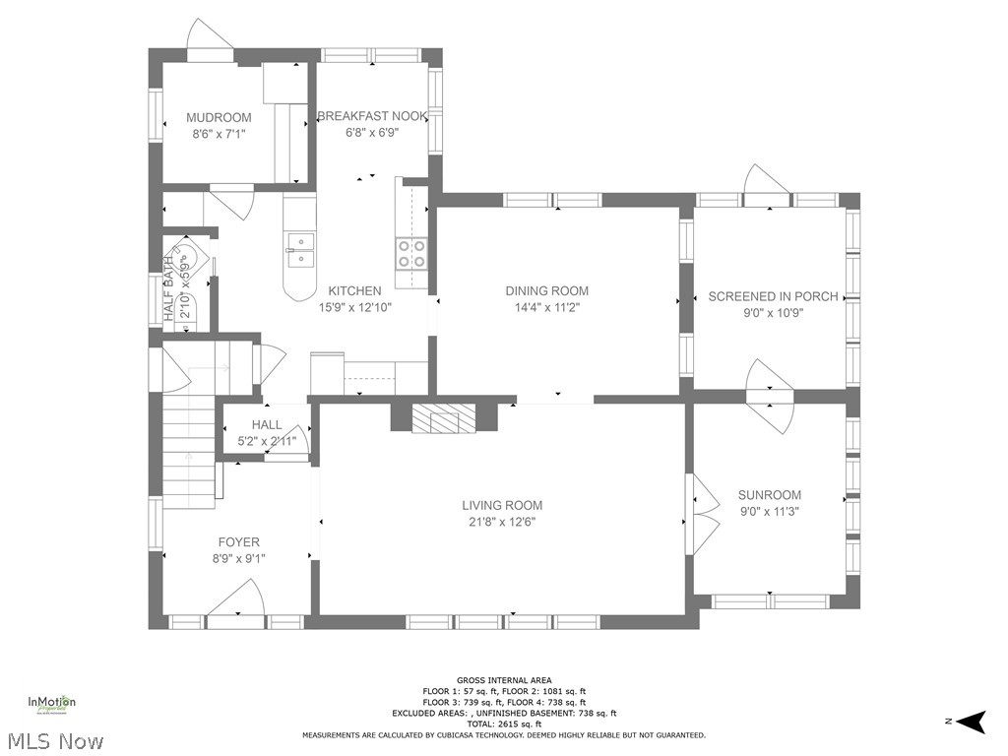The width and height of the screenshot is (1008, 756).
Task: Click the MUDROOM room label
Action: [x=219, y=118]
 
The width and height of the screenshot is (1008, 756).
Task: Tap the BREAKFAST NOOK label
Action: [x=372, y=116]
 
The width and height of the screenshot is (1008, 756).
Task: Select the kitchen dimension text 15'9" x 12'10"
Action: [x=354, y=307]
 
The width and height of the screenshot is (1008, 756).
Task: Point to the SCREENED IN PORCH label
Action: [x=773, y=296]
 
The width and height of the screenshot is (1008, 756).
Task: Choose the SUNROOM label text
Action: [x=769, y=495]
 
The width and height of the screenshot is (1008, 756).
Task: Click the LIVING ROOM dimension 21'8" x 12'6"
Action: [x=502, y=522]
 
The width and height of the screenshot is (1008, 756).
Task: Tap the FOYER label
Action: [x=238, y=542]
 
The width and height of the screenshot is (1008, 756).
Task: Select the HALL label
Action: [x=266, y=425]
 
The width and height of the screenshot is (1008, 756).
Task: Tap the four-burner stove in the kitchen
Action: [x=410, y=254]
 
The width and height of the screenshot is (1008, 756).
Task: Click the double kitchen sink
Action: [x=300, y=250]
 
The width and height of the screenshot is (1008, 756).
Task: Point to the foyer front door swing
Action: [x=239, y=598]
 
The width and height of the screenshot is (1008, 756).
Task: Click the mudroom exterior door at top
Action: [x=210, y=36]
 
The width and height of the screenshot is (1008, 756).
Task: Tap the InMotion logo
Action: [x=51, y=703]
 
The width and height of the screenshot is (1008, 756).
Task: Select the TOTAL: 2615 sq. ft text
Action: [x=503, y=724]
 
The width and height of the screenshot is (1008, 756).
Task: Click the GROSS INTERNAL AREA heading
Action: [x=503, y=680]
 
